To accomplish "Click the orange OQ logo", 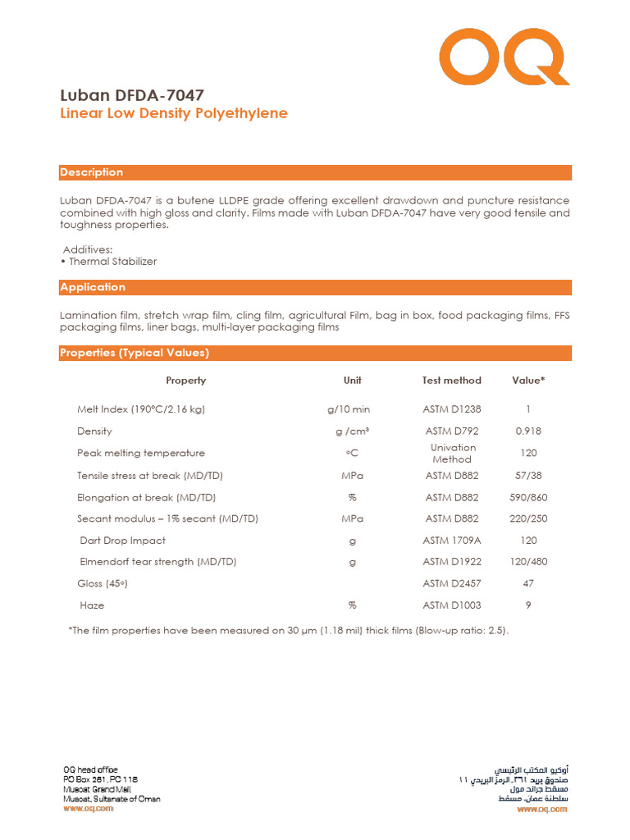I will pyautogui.click(x=504, y=59).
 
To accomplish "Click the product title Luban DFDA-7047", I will pyautogui.click(x=132, y=95).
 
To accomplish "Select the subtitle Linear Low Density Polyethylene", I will pyautogui.click(x=174, y=113).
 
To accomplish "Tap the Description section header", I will pyautogui.click(x=92, y=172).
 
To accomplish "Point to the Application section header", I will pyautogui.click(x=93, y=287).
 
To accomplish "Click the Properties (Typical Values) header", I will pyautogui.click(x=135, y=353).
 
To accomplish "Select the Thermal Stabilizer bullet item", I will pyautogui.click(x=112, y=262).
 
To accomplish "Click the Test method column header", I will pyautogui.click(x=451, y=381).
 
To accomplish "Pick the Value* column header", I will pyautogui.click(x=528, y=381).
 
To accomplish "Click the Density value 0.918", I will pyautogui.click(x=528, y=431).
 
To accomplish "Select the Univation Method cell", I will pyautogui.click(x=452, y=454).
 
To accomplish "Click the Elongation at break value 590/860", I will pyautogui.click(x=528, y=497).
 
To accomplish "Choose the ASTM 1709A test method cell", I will pyautogui.click(x=452, y=541).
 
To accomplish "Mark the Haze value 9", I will pyautogui.click(x=528, y=605).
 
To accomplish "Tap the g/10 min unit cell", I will pyautogui.click(x=349, y=409).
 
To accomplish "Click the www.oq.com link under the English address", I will pyautogui.click(x=88, y=809).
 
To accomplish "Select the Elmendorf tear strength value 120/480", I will pyautogui.click(x=528, y=562).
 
